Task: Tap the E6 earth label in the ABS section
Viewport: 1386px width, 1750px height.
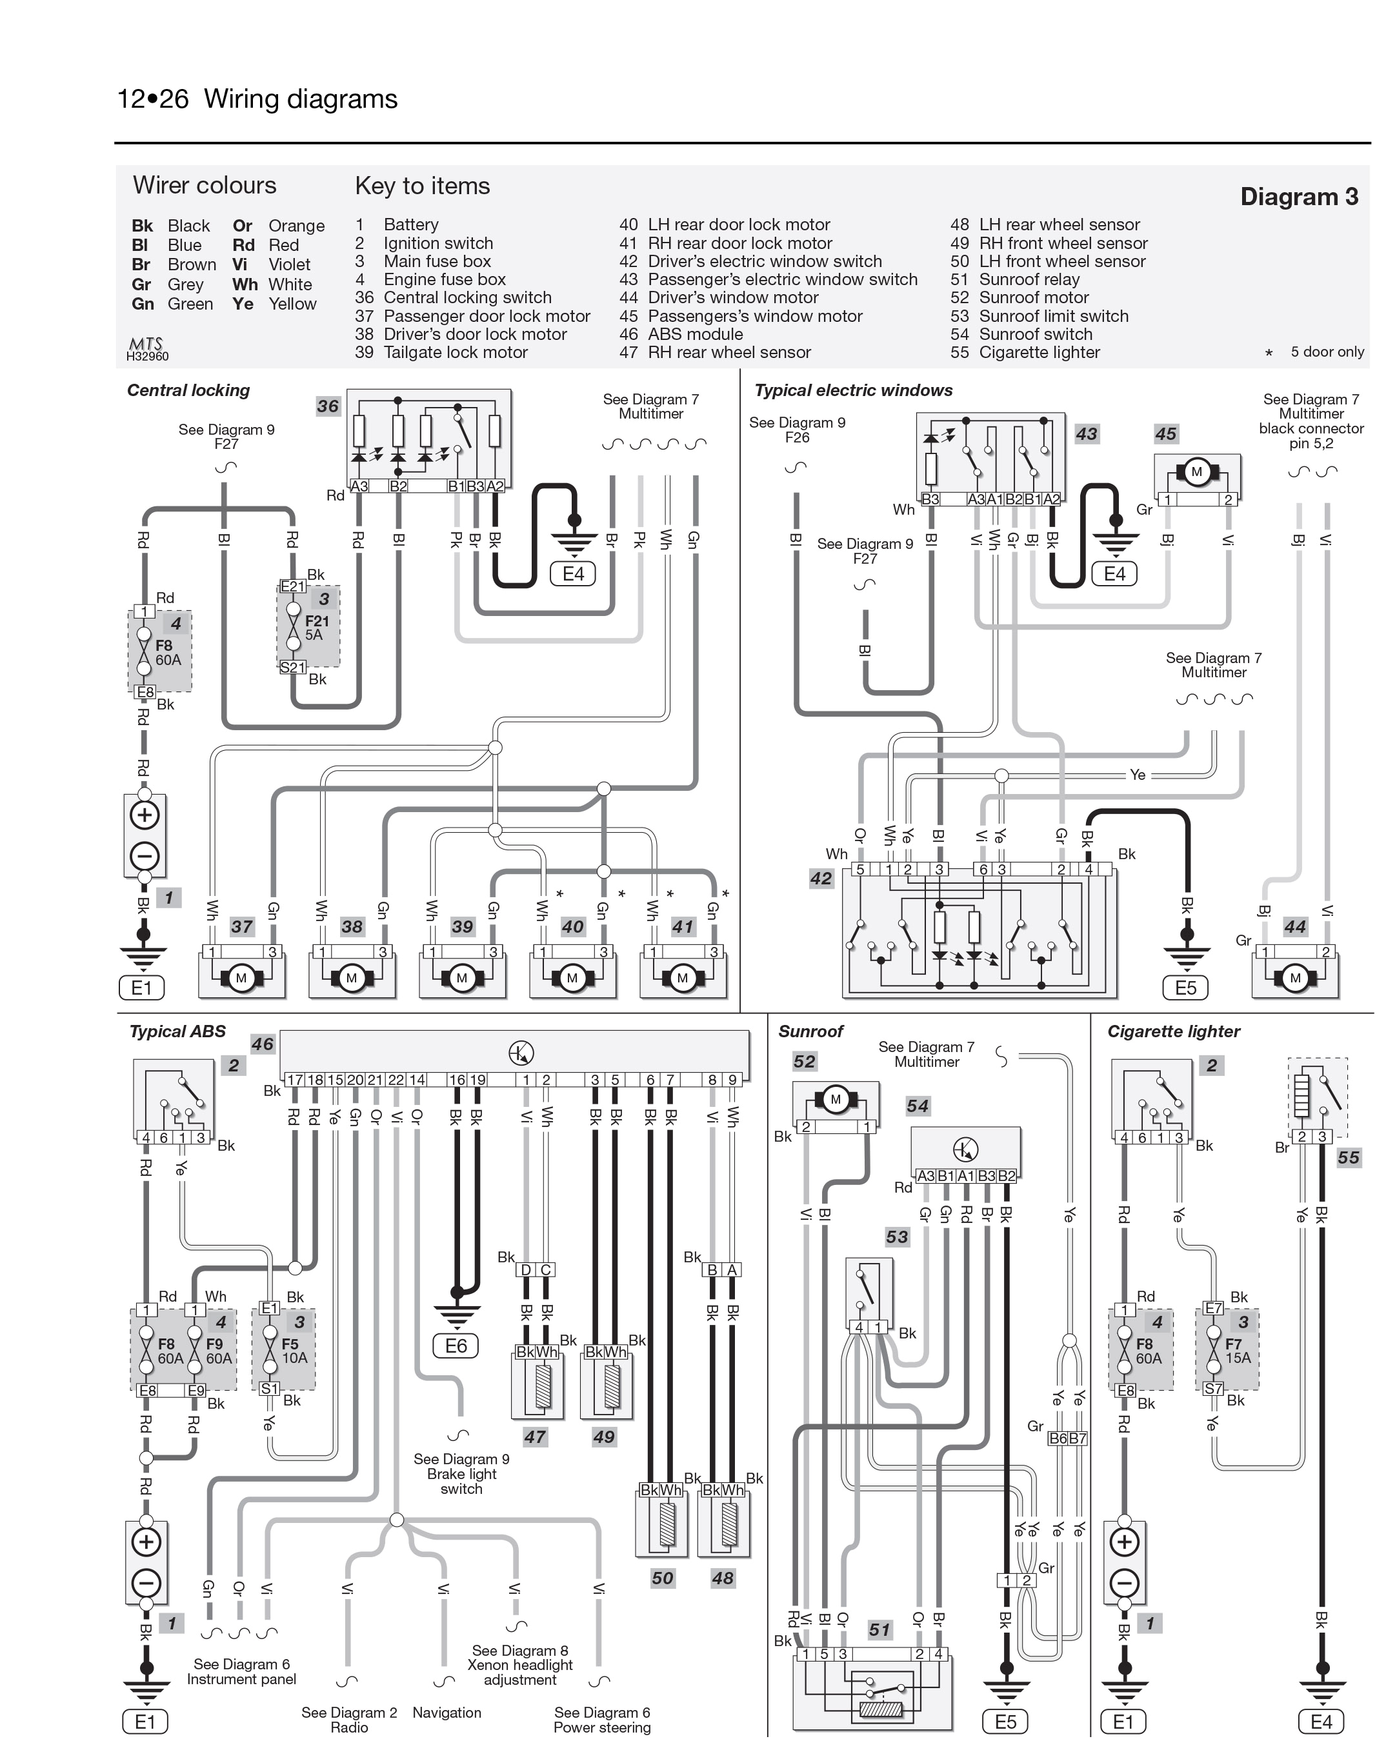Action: pos(456,1346)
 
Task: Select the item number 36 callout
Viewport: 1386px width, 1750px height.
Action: pos(328,406)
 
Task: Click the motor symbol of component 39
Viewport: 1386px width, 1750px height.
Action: pos(462,978)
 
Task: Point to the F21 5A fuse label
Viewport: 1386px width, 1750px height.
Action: pos(316,628)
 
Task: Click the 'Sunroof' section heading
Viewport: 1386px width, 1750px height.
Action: pos(810,1031)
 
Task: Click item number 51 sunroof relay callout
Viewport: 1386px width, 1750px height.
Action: pos(879,1629)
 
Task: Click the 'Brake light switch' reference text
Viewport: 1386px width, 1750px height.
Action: pos(461,1473)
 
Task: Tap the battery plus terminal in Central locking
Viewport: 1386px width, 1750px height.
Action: pos(145,815)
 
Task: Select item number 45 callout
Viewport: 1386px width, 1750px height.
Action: pos(1165,434)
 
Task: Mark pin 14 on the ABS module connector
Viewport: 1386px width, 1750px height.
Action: pos(416,1080)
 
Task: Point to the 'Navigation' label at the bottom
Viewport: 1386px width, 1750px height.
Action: pos(447,1712)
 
